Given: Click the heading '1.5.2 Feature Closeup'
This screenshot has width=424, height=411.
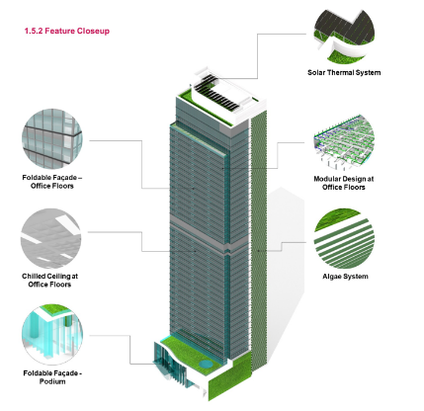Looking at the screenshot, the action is click(x=67, y=31).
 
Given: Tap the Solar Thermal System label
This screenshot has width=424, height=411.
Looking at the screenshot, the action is click(x=344, y=72).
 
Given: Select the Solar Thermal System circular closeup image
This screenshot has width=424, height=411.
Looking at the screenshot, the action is click(x=344, y=36).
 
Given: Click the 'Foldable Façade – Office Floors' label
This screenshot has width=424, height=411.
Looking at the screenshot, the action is click(x=52, y=182).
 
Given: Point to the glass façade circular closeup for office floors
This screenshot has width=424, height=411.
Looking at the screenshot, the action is click(x=52, y=139).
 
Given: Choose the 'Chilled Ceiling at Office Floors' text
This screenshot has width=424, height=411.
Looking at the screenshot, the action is click(x=49, y=280).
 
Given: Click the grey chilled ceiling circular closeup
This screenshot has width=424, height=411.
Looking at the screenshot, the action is click(x=50, y=238).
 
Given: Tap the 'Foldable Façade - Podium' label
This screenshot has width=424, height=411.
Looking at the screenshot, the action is click(x=52, y=377).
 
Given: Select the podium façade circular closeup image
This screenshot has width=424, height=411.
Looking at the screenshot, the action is click(x=52, y=334).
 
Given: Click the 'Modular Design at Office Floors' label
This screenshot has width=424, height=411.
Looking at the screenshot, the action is click(x=344, y=183).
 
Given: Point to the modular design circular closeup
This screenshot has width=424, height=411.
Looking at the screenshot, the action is click(x=344, y=142).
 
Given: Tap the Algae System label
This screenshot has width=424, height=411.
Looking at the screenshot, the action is click(x=345, y=277).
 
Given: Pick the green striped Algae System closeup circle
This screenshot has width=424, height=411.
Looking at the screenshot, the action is click(x=344, y=238).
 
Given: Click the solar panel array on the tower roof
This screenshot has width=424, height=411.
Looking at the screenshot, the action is click(x=215, y=92).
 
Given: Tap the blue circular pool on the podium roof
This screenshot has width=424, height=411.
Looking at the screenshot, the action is click(x=206, y=364).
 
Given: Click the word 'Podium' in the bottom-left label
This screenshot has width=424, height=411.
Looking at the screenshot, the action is click(x=52, y=381).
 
